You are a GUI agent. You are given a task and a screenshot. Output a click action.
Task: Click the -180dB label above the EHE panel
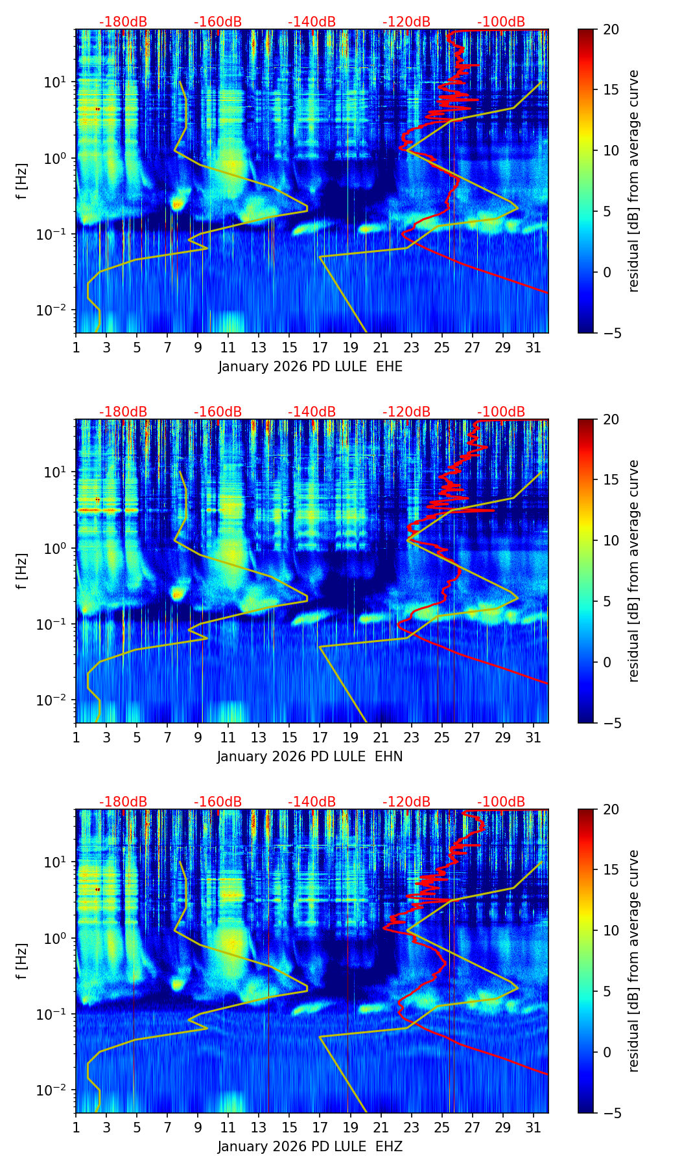tap(123, 22)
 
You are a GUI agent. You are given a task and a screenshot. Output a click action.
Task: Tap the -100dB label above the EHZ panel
tap(501, 802)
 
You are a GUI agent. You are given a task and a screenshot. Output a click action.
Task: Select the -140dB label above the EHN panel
tap(312, 412)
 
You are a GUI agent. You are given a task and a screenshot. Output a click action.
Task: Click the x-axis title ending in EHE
tap(310, 367)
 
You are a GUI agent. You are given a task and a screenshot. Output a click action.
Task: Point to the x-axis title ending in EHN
tap(310, 757)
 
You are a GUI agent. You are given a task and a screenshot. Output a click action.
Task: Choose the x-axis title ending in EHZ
tap(310, 1147)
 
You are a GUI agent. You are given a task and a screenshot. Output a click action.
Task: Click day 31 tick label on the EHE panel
tap(534, 348)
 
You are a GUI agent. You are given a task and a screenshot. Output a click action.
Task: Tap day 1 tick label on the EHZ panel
tap(76, 1128)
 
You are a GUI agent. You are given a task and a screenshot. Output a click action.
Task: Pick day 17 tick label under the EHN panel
tap(320, 738)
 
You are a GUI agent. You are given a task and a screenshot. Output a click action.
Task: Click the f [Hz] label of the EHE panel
tap(22, 181)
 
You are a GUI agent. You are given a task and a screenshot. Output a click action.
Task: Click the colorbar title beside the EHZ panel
tap(633, 961)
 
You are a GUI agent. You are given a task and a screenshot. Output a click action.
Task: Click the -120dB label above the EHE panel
tap(406, 22)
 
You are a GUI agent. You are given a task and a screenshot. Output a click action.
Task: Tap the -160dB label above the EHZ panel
tap(218, 802)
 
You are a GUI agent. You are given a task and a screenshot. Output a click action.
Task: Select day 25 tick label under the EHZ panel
tap(442, 1128)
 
